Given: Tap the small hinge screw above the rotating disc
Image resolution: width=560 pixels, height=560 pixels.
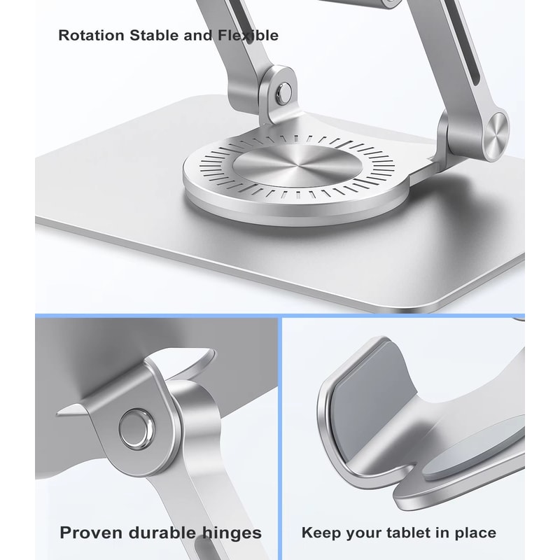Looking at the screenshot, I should point(283,91).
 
